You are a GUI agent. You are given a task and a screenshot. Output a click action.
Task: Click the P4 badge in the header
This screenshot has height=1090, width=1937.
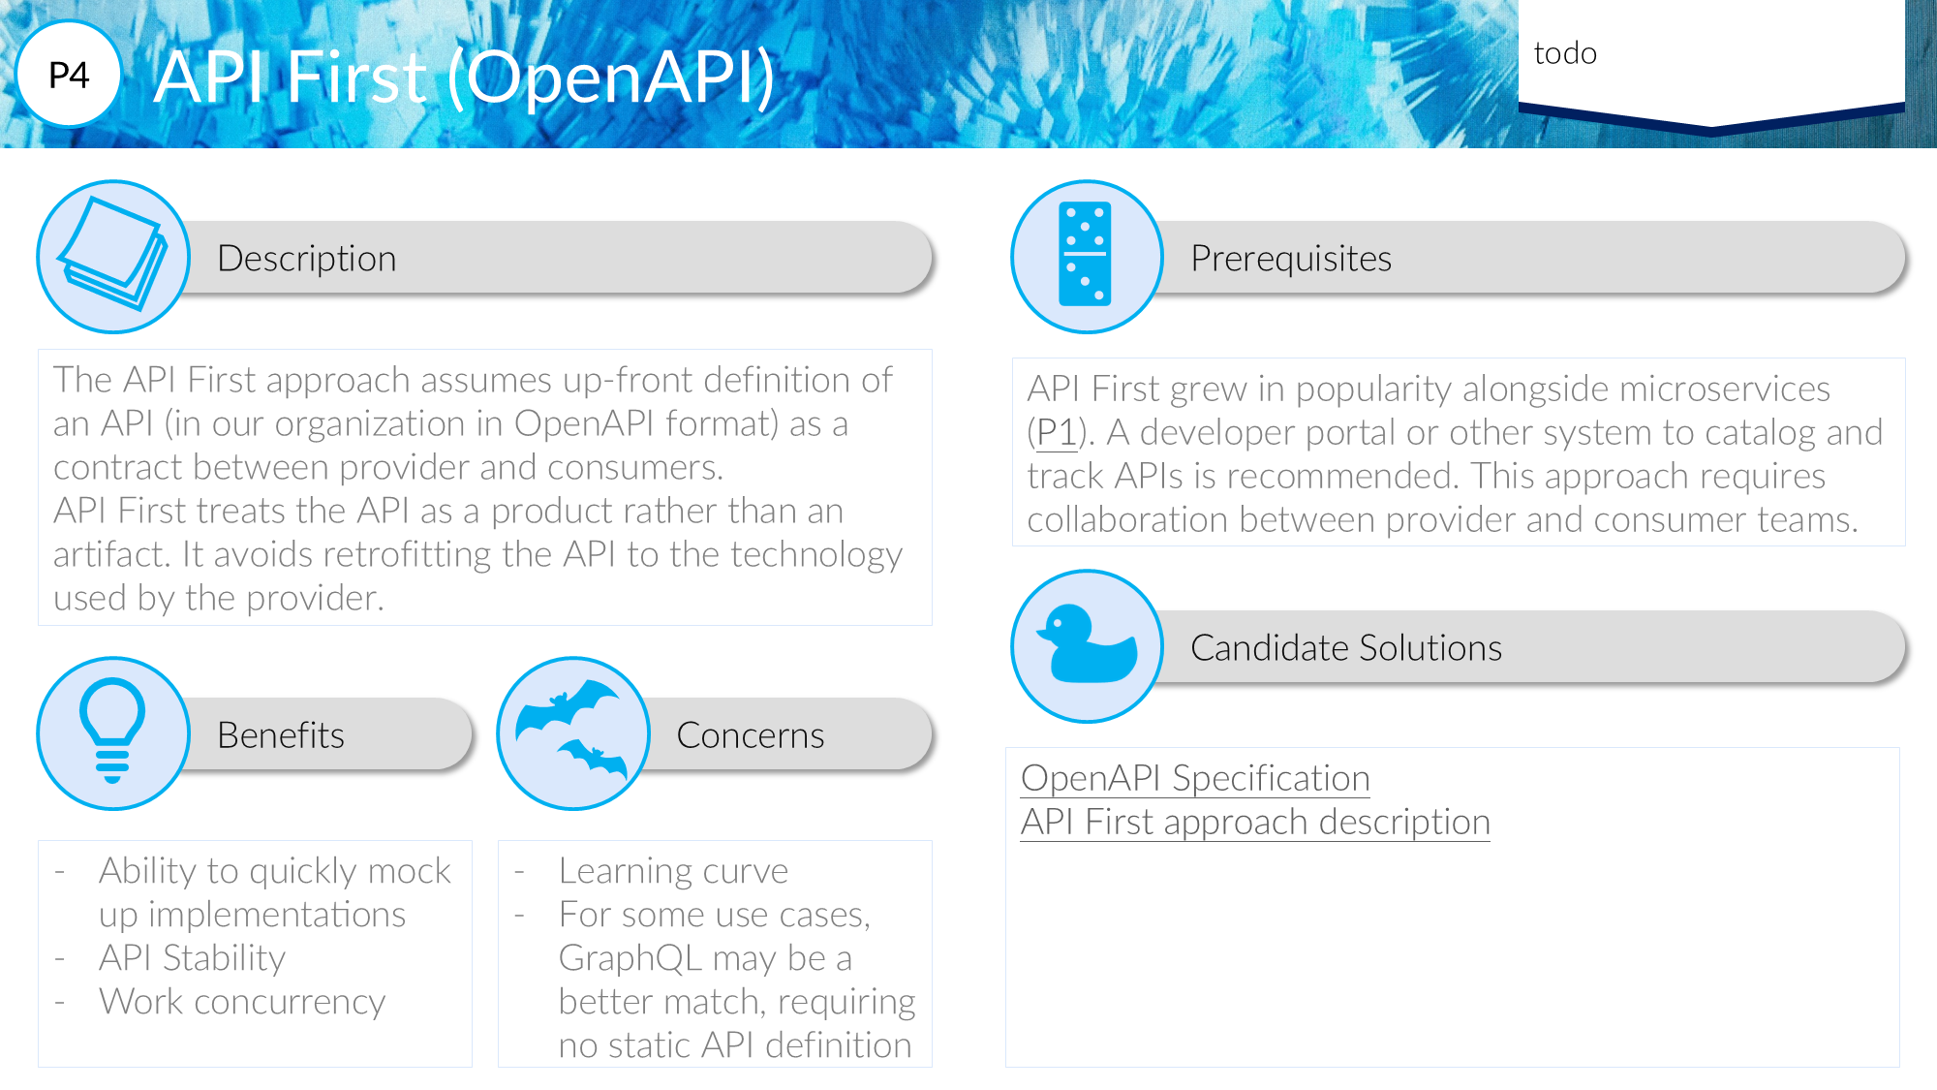[69, 75]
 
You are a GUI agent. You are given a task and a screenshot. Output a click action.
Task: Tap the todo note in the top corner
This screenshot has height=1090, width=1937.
[1565, 52]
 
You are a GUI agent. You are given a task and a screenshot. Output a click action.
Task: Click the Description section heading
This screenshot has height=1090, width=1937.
[307, 259]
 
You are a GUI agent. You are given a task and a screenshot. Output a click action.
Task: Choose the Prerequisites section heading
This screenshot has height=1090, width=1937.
[1291, 259]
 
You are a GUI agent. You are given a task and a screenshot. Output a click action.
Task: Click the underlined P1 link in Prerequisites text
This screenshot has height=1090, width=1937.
[1056, 433]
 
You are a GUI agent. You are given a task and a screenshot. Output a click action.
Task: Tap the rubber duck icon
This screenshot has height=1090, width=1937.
[1087, 646]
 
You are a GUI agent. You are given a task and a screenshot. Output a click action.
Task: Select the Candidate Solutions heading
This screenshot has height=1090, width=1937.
[1346, 648]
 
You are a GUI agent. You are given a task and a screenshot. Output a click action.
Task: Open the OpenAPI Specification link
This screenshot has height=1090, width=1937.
[1195, 779]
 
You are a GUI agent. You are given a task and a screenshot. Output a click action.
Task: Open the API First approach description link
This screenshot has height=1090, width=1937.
[1255, 823]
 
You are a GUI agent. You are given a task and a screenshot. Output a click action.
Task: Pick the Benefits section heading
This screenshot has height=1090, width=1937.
[281, 735]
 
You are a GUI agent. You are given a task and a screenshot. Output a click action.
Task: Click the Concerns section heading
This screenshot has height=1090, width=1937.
[751, 735]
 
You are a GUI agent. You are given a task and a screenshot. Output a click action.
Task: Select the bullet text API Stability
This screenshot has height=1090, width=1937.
[193, 958]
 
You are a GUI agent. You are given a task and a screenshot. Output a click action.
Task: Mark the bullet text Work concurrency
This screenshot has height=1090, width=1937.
[242, 1002]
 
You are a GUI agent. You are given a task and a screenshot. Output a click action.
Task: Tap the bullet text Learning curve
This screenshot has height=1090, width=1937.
[674, 871]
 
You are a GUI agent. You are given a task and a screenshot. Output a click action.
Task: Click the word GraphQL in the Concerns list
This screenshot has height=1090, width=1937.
[630, 958]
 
